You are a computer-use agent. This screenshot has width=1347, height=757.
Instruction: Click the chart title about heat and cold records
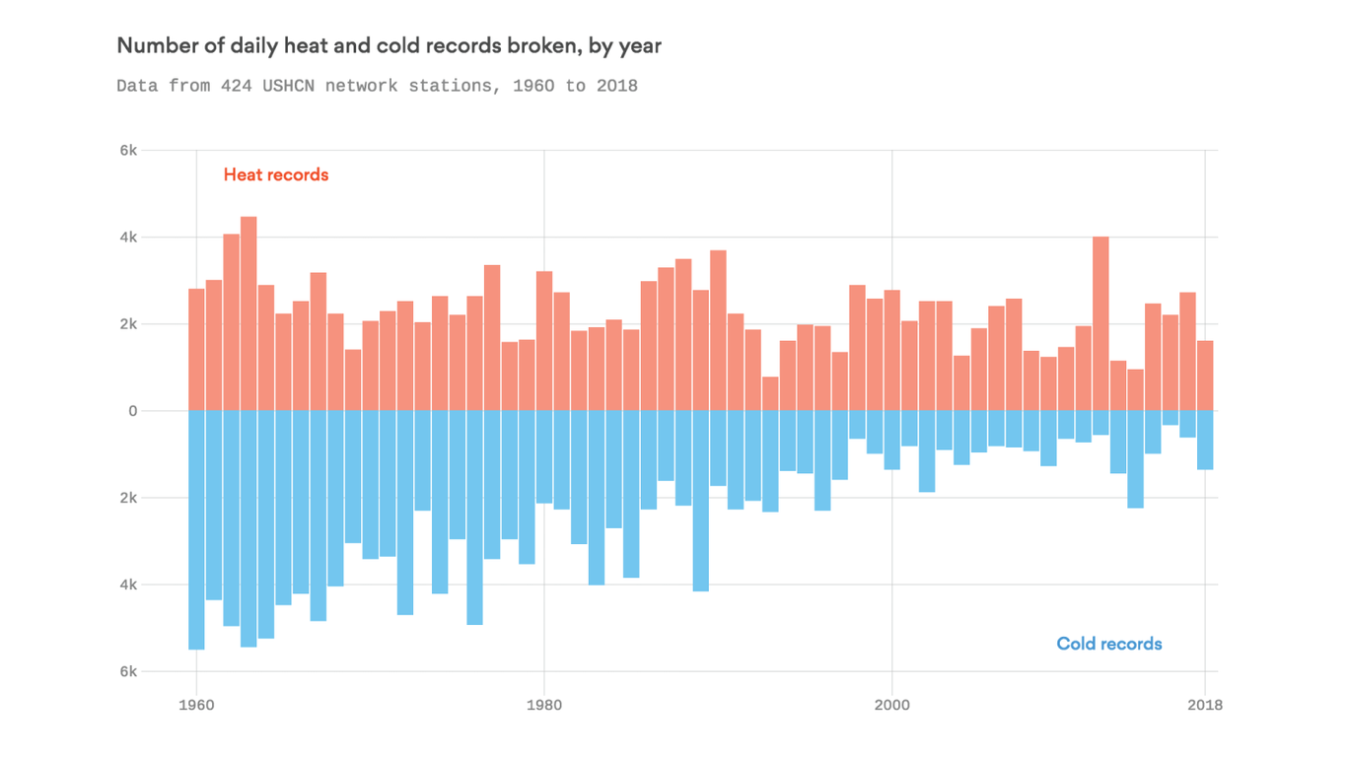389,45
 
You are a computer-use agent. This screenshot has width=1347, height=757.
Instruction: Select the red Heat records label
276,174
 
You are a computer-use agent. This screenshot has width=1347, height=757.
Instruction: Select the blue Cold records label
1109,644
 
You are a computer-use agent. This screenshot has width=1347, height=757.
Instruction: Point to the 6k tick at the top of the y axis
128,151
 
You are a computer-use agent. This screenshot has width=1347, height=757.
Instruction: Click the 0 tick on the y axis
132,411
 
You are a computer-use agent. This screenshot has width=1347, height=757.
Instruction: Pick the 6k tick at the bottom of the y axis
128,671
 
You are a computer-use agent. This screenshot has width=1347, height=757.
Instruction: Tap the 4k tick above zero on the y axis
128,238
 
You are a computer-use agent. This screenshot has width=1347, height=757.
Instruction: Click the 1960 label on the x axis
196,705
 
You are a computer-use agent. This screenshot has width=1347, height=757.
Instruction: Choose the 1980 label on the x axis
544,705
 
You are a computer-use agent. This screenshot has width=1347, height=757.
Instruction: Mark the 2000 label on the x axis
891,705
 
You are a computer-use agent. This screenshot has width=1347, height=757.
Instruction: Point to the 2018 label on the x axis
1205,705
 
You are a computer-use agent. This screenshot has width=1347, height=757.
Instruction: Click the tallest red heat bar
248,315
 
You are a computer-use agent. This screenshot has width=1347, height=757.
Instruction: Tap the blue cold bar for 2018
1205,440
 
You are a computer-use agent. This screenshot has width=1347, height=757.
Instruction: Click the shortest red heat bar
770,394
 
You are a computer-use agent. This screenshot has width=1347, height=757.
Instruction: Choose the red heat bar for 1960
196,350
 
